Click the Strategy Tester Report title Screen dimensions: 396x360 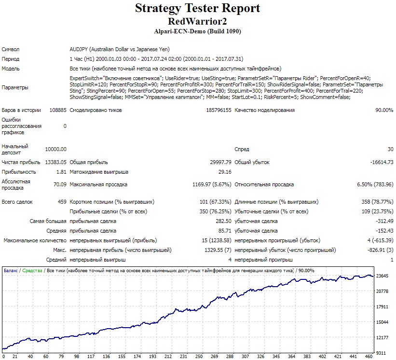[x=197, y=8]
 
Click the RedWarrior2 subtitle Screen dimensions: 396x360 [x=197, y=21]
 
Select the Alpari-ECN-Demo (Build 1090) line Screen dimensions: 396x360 [x=197, y=31]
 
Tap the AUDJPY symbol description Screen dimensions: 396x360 [x=120, y=49]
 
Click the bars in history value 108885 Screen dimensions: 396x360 [x=58, y=110]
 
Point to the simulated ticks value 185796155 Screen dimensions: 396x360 [x=218, y=110]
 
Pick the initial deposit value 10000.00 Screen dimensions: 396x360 [x=56, y=149]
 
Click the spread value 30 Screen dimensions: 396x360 [x=390, y=149]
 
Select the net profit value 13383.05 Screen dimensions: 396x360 [x=56, y=162]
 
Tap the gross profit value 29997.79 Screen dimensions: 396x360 [x=221, y=162]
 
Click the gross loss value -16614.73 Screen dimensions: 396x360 [x=382, y=162]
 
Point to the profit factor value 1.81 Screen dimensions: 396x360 [x=61, y=172]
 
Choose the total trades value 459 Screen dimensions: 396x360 [x=62, y=202]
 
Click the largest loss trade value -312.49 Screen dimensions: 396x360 [x=384, y=221]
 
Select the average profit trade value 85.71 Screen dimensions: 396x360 [x=225, y=231]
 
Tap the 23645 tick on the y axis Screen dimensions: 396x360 [x=382, y=276]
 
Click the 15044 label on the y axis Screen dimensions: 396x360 [x=382, y=322]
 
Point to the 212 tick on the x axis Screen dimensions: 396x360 [x=168, y=357]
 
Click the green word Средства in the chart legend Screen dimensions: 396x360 [x=32, y=271]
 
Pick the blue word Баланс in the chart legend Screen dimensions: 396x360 [x=11, y=271]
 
